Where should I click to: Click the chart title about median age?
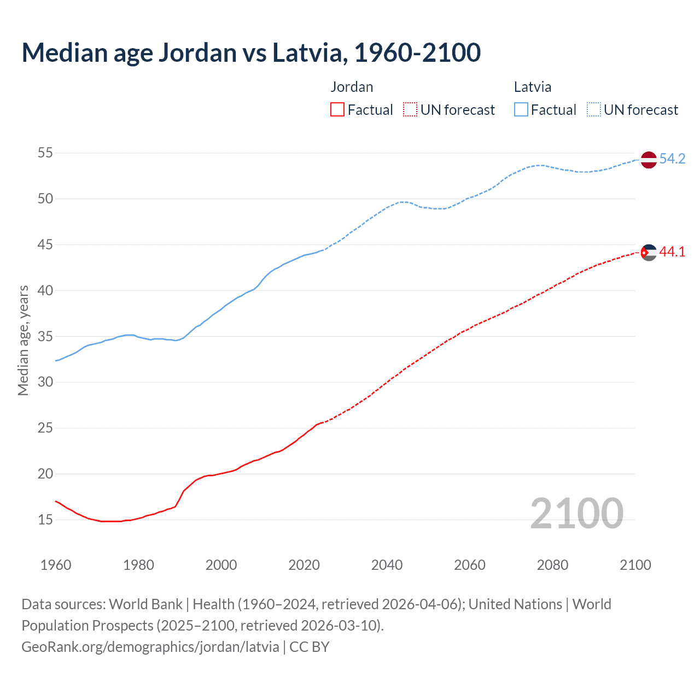[251, 52]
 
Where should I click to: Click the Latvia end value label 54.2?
[672, 159]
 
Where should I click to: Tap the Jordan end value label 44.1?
[672, 252]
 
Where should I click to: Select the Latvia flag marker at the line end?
[648, 160]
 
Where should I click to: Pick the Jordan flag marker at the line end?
[648, 252]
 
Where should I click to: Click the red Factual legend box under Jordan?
[337, 110]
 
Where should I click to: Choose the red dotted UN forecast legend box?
[410, 110]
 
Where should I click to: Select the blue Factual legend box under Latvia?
[521, 110]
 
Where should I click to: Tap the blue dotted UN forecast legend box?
[594, 110]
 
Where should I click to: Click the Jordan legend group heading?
[352, 87]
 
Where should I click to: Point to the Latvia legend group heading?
[532, 87]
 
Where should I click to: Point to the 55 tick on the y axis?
[45, 153]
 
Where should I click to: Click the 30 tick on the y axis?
[45, 382]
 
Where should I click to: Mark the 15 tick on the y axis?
[45, 520]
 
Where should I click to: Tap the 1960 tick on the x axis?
[56, 565]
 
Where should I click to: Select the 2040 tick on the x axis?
[387, 565]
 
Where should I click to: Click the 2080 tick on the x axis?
[552, 565]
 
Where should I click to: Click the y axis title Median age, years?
[23, 340]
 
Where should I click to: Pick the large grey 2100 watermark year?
[576, 513]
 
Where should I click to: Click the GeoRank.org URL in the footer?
[150, 647]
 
